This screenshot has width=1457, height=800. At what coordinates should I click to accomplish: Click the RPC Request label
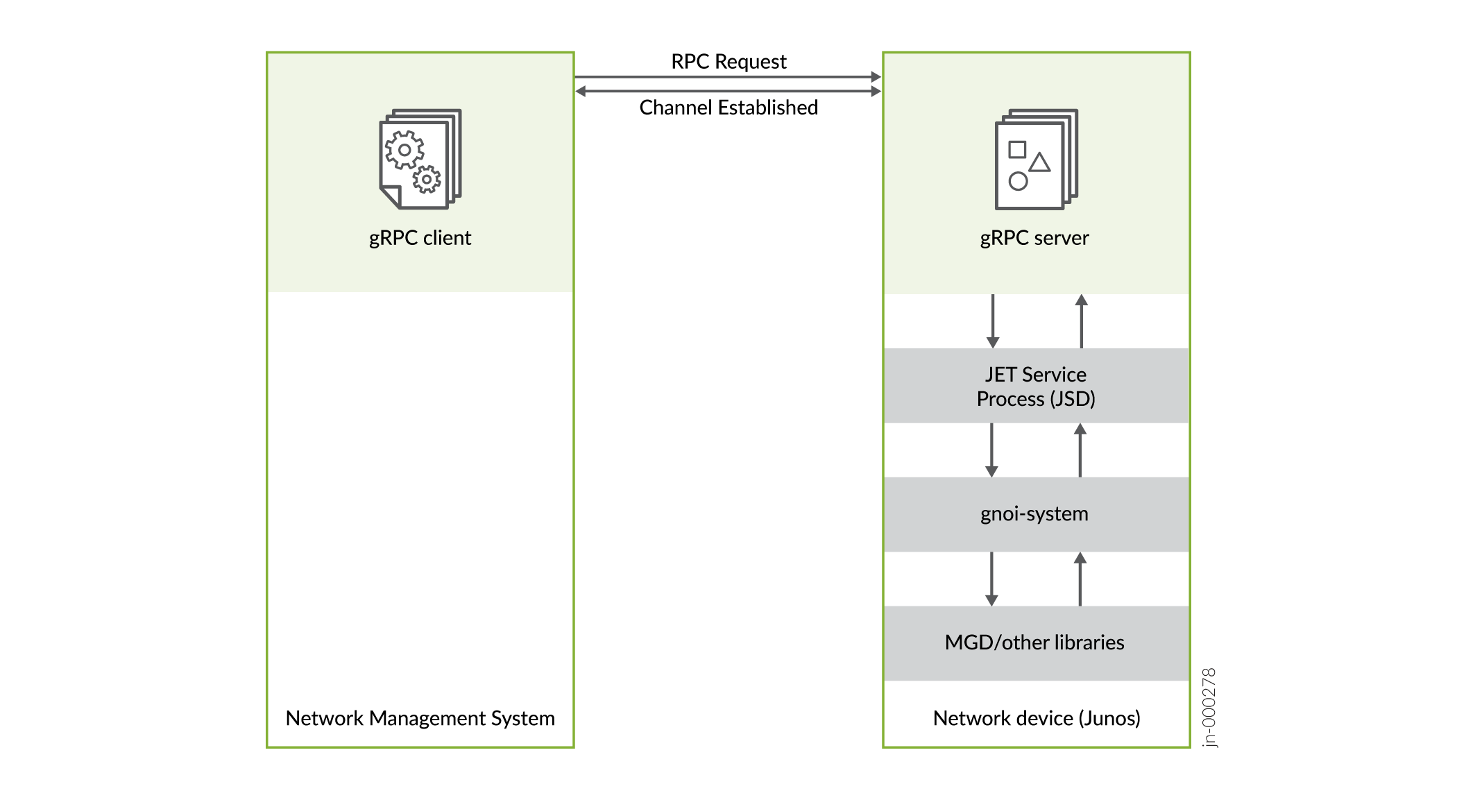[728, 62]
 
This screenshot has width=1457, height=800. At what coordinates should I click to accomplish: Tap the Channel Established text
[728, 108]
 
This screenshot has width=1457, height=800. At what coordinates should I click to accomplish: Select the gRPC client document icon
[420, 159]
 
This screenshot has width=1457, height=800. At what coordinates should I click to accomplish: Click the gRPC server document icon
[1036, 159]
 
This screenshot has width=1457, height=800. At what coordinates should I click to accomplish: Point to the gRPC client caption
[420, 238]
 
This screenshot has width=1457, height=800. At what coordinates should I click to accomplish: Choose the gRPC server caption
[1034, 238]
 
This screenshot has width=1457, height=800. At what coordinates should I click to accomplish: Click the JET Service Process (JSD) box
[1036, 386]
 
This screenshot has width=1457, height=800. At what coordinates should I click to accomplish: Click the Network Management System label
[420, 718]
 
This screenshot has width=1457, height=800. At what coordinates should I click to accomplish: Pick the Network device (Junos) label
[1036, 718]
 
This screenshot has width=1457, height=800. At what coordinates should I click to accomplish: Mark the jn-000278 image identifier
[1209, 707]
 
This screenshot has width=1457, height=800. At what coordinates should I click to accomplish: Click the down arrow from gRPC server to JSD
[993, 321]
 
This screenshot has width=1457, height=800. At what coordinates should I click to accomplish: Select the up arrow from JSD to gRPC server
[1081, 321]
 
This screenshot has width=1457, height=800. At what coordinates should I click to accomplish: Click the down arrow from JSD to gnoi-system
[991, 450]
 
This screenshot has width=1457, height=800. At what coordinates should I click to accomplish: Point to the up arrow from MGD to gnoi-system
[1080, 579]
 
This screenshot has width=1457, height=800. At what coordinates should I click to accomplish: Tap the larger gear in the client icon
[404, 150]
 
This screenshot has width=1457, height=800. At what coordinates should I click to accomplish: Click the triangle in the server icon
[1039, 163]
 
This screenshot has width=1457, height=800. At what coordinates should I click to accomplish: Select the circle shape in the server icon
[1018, 182]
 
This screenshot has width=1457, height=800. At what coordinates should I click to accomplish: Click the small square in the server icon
[1017, 149]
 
